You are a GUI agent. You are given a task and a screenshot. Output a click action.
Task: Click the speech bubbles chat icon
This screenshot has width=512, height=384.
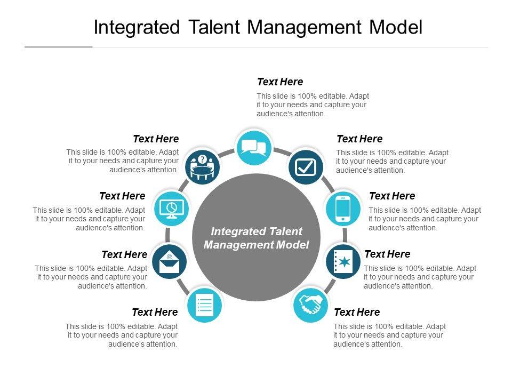coord(253,147)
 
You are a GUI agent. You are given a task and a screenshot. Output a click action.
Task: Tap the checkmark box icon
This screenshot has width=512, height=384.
coord(306,167)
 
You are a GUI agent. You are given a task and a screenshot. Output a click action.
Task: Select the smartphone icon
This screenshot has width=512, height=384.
coord(343,208)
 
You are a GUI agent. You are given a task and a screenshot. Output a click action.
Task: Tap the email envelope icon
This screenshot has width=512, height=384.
coord(170,261)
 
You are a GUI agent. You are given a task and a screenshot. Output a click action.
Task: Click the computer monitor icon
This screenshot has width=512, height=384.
coord(171,208)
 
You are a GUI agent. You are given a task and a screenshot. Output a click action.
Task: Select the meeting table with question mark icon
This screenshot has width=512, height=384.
coord(202,166)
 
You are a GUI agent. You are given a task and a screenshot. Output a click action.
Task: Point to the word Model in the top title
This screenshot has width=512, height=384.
coord(395,28)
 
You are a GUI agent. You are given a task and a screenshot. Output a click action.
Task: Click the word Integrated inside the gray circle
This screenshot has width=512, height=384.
coord(235,231)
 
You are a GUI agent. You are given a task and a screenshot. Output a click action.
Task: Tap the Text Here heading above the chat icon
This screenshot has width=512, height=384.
coord(280,82)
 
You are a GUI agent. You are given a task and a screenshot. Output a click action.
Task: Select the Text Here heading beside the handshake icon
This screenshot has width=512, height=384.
coord(357,313)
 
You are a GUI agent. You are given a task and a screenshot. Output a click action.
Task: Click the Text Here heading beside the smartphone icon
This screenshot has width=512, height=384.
coord(392,196)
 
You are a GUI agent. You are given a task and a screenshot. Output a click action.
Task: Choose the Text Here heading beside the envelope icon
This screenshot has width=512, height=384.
coord(124,255)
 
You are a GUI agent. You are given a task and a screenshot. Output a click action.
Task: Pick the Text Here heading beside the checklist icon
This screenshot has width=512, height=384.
coord(155,313)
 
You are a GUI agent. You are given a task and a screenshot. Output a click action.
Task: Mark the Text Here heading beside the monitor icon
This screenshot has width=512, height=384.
coord(122,196)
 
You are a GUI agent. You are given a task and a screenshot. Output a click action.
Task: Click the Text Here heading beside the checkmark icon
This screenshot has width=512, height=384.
coord(359,139)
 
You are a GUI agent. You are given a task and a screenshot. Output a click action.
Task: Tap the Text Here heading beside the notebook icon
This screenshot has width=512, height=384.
coord(387,254)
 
